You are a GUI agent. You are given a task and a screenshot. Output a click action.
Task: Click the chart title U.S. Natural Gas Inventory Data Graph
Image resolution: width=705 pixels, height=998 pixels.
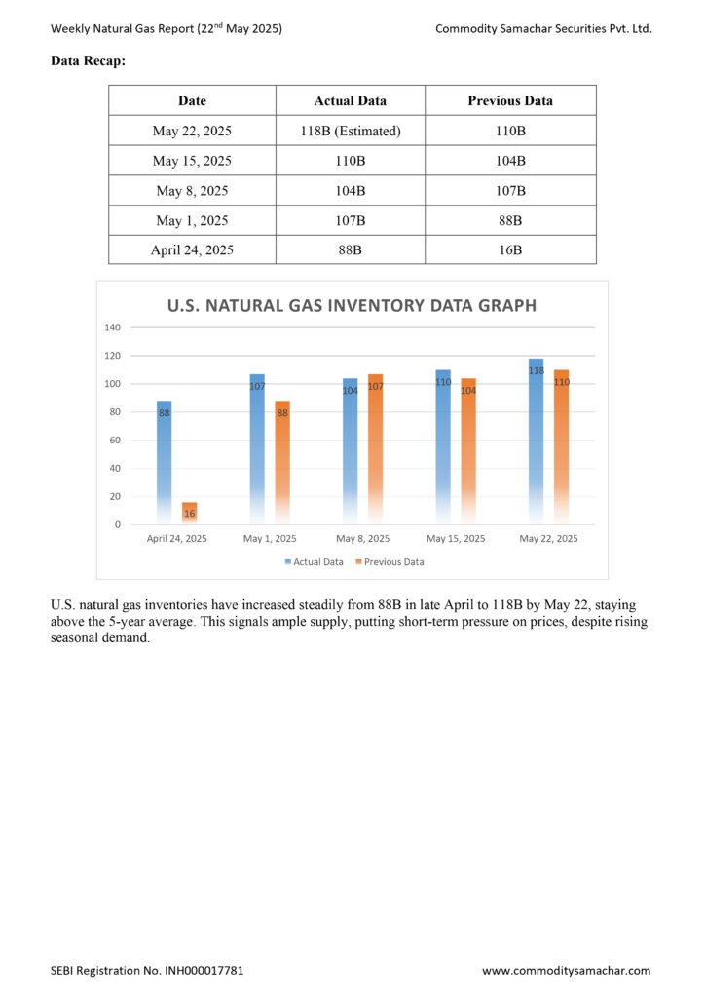352,305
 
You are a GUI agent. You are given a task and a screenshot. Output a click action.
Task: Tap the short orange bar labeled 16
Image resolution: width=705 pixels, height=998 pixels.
190,514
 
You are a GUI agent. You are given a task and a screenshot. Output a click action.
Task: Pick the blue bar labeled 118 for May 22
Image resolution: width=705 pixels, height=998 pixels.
536,441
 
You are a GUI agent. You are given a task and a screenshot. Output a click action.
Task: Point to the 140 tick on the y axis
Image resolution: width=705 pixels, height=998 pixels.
113,327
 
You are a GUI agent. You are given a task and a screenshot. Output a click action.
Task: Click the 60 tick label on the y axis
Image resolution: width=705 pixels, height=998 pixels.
115,441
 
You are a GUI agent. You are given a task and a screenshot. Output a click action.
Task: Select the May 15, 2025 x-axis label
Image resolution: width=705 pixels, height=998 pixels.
456,538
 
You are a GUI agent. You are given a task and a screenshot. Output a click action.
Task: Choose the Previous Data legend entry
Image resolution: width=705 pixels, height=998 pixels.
390,562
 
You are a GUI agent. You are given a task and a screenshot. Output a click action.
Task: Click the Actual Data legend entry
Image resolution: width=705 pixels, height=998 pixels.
315,562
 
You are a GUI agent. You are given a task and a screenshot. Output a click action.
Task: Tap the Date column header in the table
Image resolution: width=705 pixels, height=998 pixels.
192,100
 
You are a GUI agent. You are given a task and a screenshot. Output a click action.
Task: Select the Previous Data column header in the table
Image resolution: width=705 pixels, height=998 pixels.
510,100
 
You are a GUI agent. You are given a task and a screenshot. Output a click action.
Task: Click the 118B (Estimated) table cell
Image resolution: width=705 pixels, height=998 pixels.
351,131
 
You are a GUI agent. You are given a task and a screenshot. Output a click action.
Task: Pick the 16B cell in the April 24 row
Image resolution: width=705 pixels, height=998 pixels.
510,250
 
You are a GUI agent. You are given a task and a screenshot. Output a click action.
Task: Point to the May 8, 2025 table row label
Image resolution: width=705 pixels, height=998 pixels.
192,191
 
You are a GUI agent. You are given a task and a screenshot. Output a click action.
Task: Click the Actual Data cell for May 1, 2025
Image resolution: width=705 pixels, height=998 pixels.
351,221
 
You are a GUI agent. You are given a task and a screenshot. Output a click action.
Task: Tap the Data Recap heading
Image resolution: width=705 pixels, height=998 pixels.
89,61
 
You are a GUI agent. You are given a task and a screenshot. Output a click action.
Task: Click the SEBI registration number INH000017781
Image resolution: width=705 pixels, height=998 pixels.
204,971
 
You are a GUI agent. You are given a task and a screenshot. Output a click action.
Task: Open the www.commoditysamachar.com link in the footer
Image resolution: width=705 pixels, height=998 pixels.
567,971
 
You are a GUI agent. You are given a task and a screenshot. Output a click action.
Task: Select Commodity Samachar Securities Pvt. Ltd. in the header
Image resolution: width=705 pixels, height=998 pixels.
543,28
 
